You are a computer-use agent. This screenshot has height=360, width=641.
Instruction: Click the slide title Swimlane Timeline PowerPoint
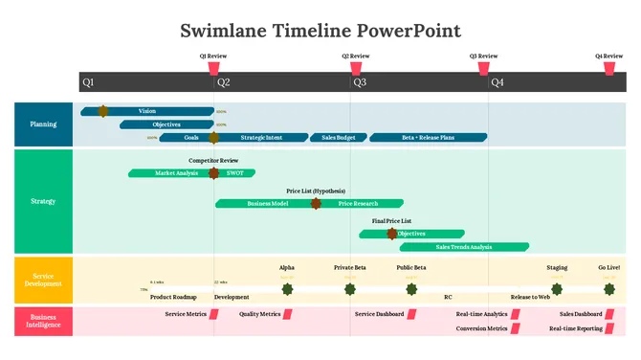tap(320, 31)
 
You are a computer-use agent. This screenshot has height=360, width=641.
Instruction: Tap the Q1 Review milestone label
tap(213, 56)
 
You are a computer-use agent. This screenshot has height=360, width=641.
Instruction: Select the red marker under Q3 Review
tap(484, 69)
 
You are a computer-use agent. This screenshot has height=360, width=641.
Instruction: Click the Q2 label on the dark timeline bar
tap(224, 82)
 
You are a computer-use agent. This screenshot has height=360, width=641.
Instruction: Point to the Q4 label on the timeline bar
tap(497, 82)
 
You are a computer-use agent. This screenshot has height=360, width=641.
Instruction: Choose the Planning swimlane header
tap(43, 124)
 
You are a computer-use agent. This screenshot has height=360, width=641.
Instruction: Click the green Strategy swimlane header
tap(43, 201)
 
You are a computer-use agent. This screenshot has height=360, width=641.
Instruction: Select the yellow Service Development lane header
tap(43, 281)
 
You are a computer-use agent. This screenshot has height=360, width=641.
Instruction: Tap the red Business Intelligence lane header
tap(43, 321)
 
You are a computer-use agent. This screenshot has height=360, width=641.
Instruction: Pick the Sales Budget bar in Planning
tap(338, 138)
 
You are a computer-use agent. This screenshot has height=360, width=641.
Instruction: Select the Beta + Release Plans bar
tap(428, 138)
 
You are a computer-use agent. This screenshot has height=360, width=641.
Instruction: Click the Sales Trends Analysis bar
tap(464, 247)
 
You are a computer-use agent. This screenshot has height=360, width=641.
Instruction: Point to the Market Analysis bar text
tap(176, 173)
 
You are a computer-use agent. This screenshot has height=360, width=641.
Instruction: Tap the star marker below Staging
tap(557, 288)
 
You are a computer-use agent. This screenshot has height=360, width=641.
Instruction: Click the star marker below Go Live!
tap(609, 288)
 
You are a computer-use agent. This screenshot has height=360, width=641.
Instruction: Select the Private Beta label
tap(350, 268)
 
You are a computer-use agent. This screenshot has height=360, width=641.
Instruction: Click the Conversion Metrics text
tap(481, 328)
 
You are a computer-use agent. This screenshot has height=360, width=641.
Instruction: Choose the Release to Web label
tap(530, 297)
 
